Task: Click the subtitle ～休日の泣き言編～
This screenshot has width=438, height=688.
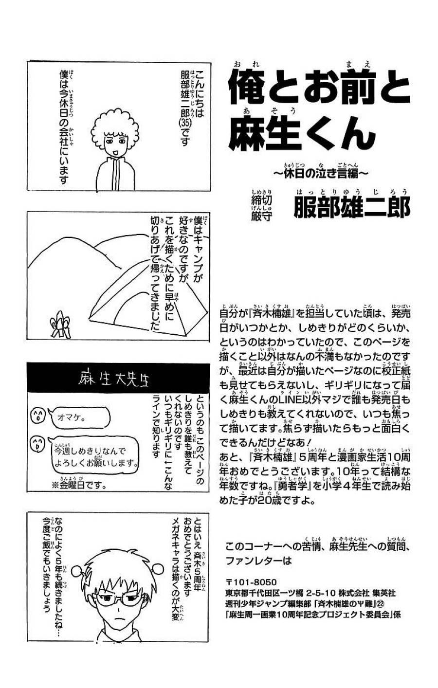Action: (x=319, y=172)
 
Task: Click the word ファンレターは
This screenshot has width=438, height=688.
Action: (x=258, y=561)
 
